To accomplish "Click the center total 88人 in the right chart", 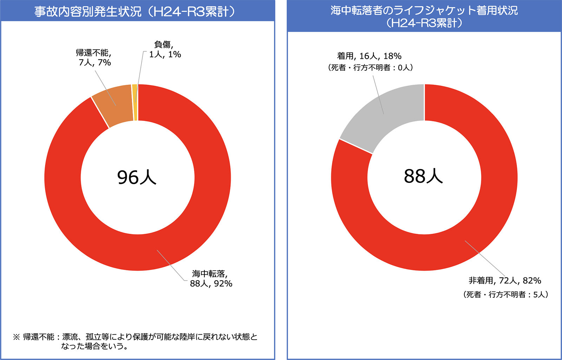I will pos(423,176).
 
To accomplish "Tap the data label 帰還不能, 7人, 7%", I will pos(94,58).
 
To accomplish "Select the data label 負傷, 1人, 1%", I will pos(165,50).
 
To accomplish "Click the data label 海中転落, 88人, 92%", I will pos(211,278).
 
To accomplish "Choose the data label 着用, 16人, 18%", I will pos(369,56).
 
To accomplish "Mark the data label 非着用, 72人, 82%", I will pos(504,281).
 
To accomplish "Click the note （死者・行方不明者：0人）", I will pos(370,67).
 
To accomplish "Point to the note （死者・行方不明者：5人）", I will pos(505,294).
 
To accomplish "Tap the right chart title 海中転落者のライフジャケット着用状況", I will pos(424,11).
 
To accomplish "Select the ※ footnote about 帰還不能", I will pos(135,341).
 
